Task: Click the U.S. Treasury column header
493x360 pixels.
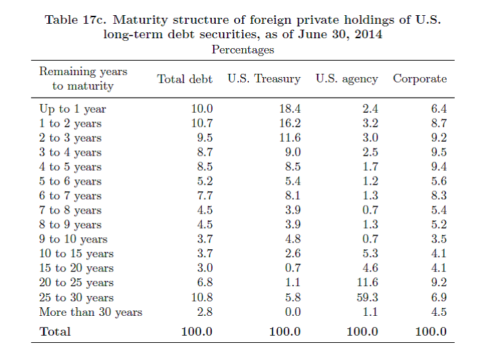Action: (x=264, y=79)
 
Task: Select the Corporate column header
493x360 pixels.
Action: (x=420, y=79)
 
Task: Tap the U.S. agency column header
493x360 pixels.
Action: (x=346, y=79)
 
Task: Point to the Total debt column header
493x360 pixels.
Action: (x=185, y=79)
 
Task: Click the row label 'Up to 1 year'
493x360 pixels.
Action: (x=73, y=109)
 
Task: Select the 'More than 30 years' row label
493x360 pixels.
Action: (x=90, y=312)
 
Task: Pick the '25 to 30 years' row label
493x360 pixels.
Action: (x=77, y=297)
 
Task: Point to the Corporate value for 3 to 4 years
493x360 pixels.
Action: (x=438, y=152)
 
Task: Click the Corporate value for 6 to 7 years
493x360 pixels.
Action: (x=438, y=196)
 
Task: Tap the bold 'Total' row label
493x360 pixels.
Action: (x=55, y=331)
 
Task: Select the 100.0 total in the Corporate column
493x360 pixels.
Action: (x=431, y=331)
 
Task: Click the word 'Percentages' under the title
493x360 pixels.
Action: (x=242, y=49)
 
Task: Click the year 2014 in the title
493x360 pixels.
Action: (x=368, y=34)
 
